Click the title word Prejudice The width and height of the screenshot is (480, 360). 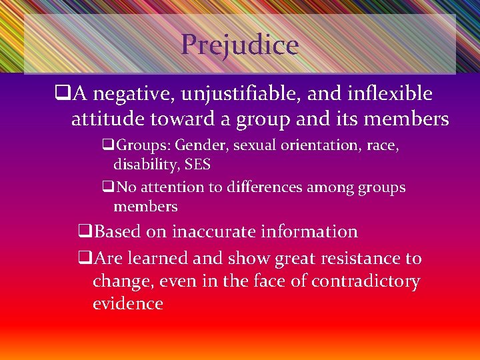tap(239, 45)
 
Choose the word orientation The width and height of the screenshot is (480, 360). tap(319, 145)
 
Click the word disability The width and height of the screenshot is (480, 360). tap(141, 163)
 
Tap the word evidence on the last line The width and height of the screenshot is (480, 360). tap(128, 304)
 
